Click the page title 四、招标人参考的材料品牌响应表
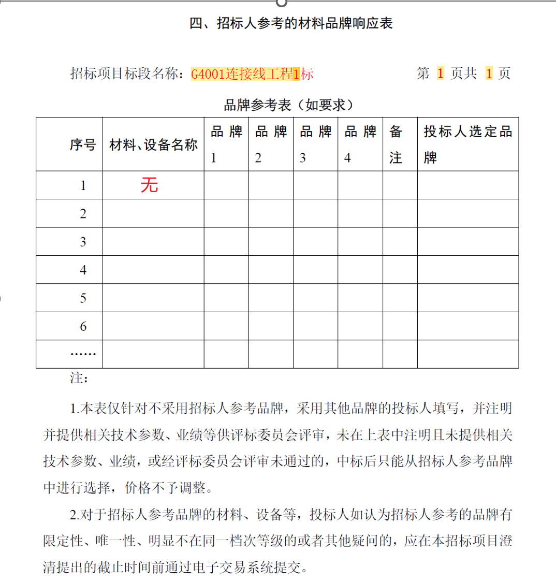pos(291,23)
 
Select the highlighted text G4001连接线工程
pos(241,74)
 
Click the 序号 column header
pos(83,145)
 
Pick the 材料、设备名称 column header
pos(153,145)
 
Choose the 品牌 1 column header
pos(226,144)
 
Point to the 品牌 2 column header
pos(271,144)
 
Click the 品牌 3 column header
pos(315,144)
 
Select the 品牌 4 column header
pos(360,144)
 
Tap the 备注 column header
pos(396,144)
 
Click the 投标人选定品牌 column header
pos(467,144)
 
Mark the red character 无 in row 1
pos(149,185)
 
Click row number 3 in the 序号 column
pos(83,242)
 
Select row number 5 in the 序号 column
pos(83,298)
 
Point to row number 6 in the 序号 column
pos(83,326)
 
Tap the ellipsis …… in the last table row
pos(83,354)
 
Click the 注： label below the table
pos(79,379)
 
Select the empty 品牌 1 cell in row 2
pos(226,213)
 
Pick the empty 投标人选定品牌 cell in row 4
pos(467,270)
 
